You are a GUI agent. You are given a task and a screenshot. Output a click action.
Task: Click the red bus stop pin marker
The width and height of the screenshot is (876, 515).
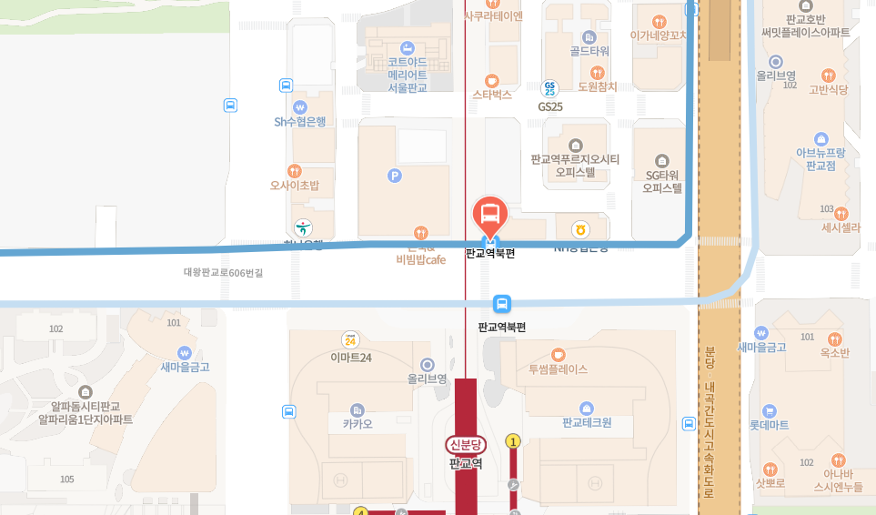coord(490,217)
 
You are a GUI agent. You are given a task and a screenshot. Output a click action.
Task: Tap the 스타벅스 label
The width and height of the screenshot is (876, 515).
coord(492,94)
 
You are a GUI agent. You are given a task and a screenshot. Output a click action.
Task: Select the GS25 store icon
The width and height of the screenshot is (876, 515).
coord(549,88)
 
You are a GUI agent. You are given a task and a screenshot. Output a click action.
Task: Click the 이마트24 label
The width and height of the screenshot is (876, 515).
coord(350,358)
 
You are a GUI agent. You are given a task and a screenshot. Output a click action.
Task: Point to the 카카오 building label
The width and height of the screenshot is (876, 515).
coord(357,423)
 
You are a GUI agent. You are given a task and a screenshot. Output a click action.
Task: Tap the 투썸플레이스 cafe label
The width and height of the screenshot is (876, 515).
coord(558,369)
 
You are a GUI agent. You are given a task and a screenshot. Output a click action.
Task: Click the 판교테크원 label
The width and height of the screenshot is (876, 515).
coord(587,422)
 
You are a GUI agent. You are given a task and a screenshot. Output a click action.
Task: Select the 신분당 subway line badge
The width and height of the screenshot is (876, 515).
coord(466,444)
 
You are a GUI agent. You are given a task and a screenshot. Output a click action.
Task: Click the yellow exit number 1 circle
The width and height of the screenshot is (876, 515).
coord(513,441)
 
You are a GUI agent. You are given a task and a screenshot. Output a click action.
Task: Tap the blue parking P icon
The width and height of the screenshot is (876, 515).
coord(395,176)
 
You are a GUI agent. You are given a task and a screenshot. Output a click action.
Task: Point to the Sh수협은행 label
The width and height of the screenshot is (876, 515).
coord(299,121)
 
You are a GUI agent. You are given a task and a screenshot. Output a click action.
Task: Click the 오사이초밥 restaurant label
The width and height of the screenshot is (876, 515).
coord(294,185)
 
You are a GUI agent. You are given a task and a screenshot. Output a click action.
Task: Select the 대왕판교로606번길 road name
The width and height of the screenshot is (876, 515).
coord(223,272)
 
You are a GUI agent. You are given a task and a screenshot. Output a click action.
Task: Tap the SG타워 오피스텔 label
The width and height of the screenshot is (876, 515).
coord(662,182)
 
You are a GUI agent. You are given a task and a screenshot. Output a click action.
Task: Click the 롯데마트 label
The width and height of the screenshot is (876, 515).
coord(769,424)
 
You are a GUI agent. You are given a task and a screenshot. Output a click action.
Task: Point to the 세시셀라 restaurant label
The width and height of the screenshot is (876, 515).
coord(840,227)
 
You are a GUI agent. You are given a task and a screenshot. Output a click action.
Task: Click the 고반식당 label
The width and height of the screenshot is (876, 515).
coord(828,89)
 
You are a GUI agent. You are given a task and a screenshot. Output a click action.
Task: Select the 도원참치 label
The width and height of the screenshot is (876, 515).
coord(598,86)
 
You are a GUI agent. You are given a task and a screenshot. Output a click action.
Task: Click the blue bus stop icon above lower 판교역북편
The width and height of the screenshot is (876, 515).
coord(501,303)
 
